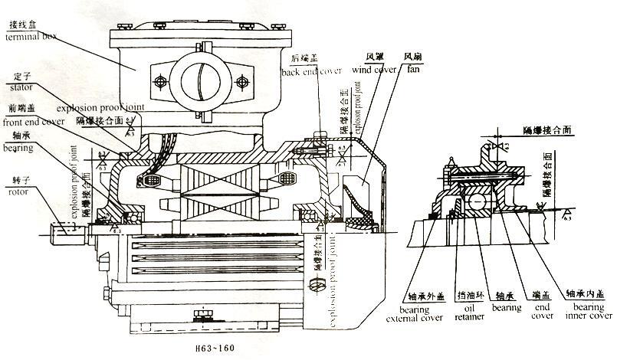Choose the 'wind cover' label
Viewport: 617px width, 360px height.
pyautogui.click(x=373, y=70)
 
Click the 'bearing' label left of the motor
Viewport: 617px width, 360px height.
pyautogui.click(x=20, y=145)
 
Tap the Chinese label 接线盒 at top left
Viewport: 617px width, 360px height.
pyautogui.click(x=20, y=25)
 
